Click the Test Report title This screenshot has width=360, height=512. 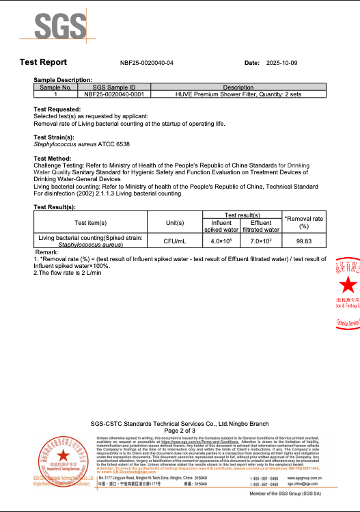click(43, 62)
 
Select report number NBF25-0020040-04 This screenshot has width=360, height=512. click(147, 63)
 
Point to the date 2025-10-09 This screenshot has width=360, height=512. click(281, 63)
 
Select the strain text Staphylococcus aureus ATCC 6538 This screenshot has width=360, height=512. click(81, 144)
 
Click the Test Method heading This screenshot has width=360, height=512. click(53, 159)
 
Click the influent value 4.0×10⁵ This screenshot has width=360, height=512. click(221, 241)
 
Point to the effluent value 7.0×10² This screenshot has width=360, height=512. click(261, 241)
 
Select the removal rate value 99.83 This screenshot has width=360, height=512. click(304, 241)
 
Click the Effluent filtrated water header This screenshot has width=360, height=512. click(261, 226)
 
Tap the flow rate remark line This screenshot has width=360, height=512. click(67, 273)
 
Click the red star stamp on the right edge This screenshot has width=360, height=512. click(348, 286)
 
